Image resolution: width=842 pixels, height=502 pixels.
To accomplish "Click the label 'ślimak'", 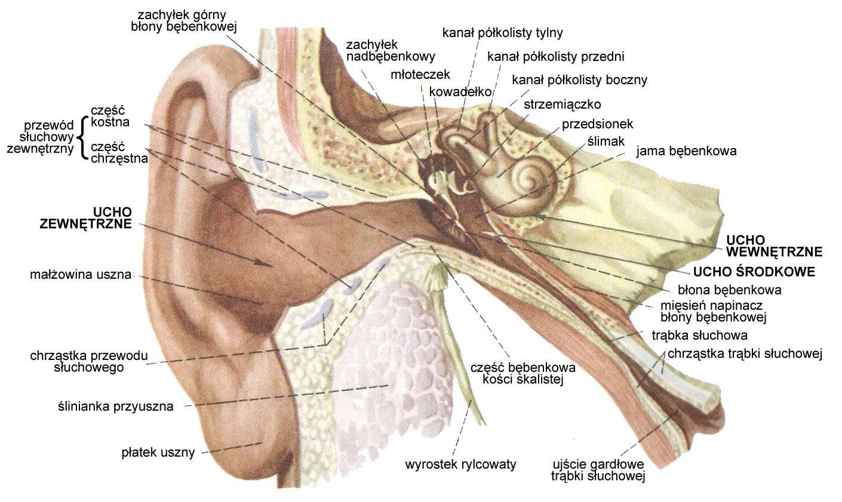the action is tap(606, 141).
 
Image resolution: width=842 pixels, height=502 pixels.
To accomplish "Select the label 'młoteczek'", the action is tap(420, 75).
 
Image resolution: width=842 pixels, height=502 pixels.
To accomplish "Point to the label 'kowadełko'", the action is tap(460, 92).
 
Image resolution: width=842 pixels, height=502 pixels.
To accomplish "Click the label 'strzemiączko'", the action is tap(563, 104).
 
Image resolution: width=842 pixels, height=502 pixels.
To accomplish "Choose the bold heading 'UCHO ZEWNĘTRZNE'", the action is tap(86, 217).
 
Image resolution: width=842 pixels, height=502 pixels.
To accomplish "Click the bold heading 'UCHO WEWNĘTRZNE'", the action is tap(774, 246).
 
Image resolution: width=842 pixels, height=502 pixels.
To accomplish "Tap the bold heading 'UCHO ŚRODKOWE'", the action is tap(754, 272).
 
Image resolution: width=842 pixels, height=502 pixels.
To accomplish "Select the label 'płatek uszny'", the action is tap(158, 452).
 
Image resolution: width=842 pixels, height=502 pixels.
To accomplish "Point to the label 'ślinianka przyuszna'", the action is tap(115, 406).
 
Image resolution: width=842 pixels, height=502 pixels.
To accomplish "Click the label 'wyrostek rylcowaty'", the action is tap(460, 464).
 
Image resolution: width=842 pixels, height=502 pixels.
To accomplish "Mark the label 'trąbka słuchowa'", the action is tap(699, 335).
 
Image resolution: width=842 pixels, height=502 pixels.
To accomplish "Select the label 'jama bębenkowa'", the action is tap(686, 151).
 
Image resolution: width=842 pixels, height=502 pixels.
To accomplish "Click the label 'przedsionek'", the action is tap(597, 124).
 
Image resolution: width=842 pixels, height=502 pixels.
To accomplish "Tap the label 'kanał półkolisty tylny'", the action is tap(502, 33).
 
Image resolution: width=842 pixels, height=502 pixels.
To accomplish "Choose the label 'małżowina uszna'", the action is tap(81, 275).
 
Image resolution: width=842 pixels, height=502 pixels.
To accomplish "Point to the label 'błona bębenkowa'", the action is tap(729, 290).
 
